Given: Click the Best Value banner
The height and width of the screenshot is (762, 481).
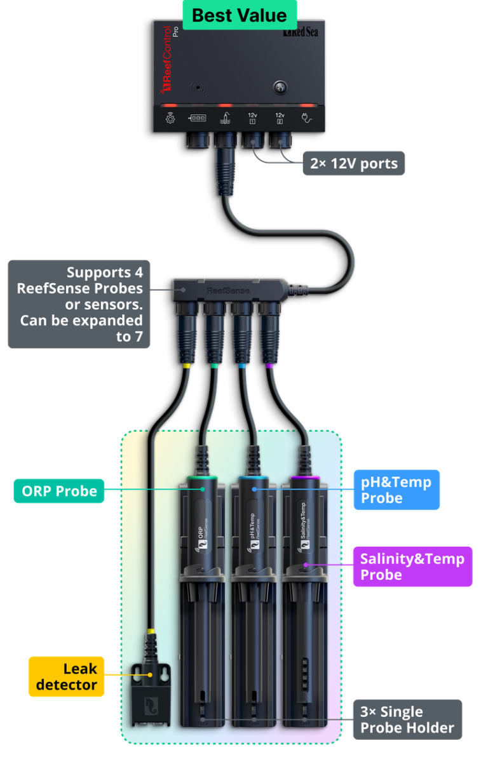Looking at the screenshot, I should pyautogui.click(x=239, y=15).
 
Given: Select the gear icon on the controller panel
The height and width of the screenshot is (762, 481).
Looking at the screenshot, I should pyautogui.click(x=170, y=119).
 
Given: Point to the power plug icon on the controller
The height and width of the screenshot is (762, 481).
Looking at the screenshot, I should pyautogui.click(x=307, y=118).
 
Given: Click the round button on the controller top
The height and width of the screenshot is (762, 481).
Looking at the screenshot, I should pyautogui.click(x=277, y=88).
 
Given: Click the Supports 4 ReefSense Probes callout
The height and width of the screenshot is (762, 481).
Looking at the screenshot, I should pyautogui.click(x=79, y=304).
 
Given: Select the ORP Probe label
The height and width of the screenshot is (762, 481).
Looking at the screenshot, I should pyautogui.click(x=58, y=491).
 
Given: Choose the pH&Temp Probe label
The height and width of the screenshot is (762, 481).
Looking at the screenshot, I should pyautogui.click(x=396, y=490).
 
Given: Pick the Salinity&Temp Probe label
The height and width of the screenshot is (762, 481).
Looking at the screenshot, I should pyautogui.click(x=412, y=566).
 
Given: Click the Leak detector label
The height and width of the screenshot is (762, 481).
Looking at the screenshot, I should pyautogui.click(x=66, y=676).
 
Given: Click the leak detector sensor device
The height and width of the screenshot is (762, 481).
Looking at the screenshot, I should pyautogui.click(x=151, y=695).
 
